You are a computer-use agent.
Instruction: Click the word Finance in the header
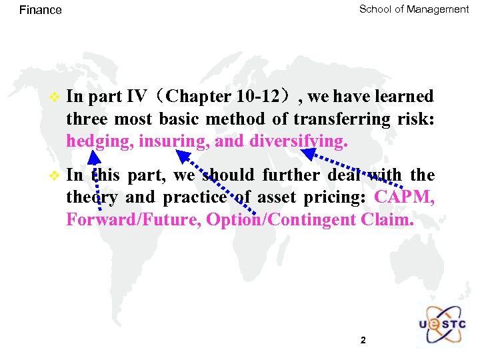(x=41, y=10)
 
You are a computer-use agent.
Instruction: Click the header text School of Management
(x=414, y=9)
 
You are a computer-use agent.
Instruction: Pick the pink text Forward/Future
(x=133, y=220)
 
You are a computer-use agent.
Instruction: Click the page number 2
(x=363, y=341)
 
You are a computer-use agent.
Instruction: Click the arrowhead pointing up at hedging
(x=95, y=157)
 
